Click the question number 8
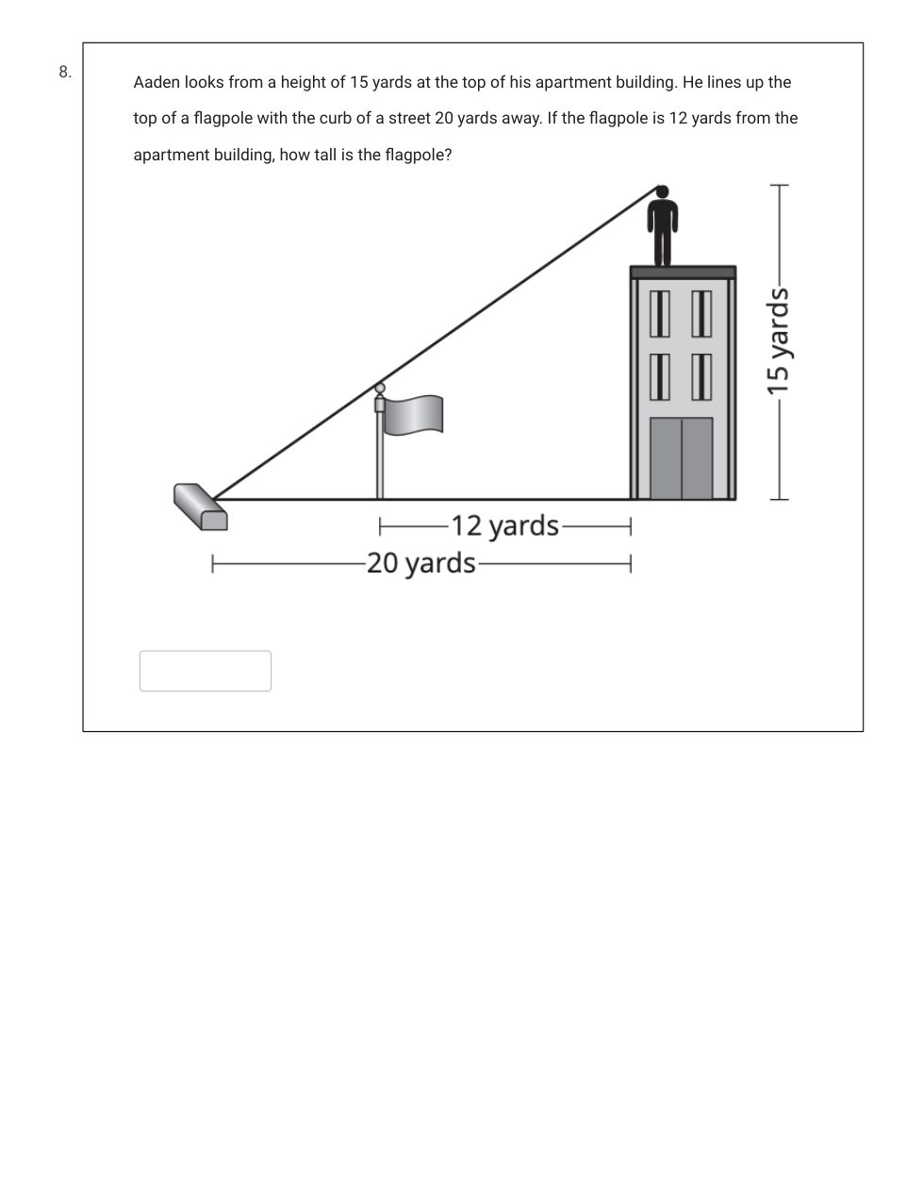tap(65, 72)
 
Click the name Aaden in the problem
tap(157, 82)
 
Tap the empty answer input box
tap(205, 671)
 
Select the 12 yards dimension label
tap(504, 526)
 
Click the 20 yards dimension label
tap(420, 564)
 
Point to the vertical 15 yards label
tap(778, 340)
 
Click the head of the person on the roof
tap(662, 191)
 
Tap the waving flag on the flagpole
tap(413, 415)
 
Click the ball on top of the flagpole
tap(379, 389)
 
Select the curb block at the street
tap(201, 506)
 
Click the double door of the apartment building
tap(682, 458)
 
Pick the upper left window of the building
tap(659, 314)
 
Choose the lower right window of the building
tap(701, 377)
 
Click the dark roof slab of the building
tap(683, 273)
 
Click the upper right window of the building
tap(701, 314)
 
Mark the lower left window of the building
tap(659, 377)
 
